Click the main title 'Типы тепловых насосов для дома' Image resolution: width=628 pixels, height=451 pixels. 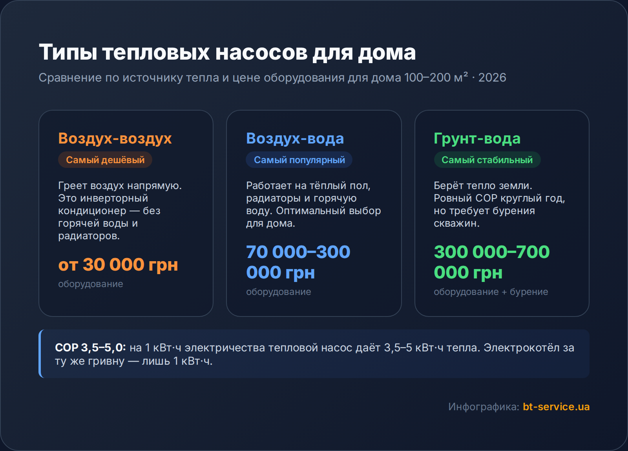(x=227, y=53)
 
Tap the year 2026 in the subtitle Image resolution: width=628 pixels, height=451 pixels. (x=492, y=78)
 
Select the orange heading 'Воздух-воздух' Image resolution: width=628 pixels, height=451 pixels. (x=115, y=139)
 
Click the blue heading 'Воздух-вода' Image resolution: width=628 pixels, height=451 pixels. (x=295, y=139)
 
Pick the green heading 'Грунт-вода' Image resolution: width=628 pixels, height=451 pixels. (x=477, y=139)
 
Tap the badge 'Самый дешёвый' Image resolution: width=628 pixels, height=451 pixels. (x=105, y=160)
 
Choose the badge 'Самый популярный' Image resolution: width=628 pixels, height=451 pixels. (x=299, y=160)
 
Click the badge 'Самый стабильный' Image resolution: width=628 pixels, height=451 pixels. (x=487, y=160)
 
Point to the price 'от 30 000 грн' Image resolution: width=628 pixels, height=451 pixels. (x=118, y=265)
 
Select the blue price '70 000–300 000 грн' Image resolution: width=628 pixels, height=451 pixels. (x=298, y=262)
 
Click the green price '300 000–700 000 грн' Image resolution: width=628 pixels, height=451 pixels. (x=492, y=262)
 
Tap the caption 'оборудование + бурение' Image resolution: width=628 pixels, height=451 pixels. (x=491, y=292)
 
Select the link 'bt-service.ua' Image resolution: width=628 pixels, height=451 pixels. (x=556, y=407)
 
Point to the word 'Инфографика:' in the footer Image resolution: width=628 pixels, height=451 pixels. (x=484, y=407)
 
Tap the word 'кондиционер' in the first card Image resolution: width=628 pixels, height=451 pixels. (x=92, y=211)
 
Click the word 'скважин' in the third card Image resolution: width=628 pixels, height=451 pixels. (x=455, y=223)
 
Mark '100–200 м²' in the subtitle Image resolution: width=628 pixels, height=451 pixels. (x=436, y=78)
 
